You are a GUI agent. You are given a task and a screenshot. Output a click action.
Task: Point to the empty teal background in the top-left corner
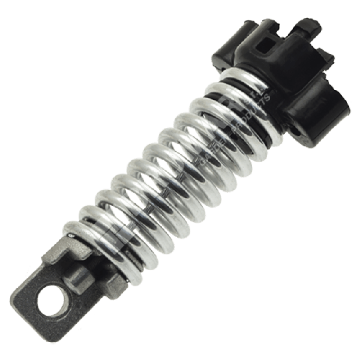[36, 36]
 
